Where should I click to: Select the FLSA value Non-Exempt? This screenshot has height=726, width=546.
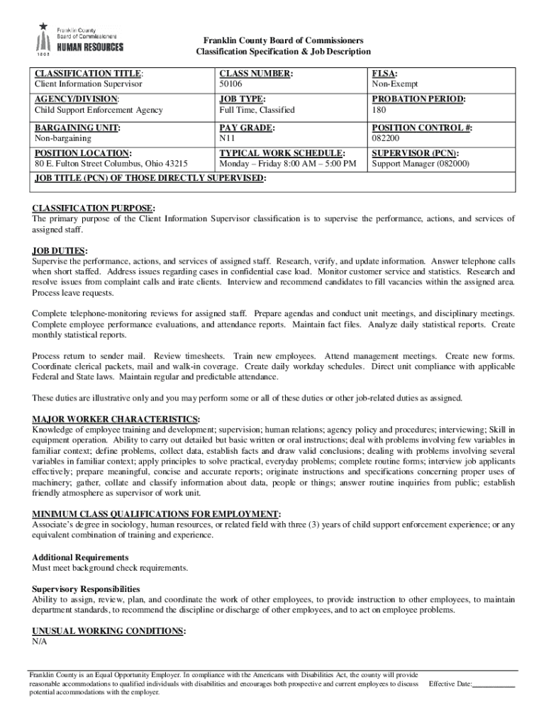pyautogui.click(x=395, y=84)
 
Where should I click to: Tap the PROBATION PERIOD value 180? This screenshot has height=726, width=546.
pyautogui.click(x=379, y=111)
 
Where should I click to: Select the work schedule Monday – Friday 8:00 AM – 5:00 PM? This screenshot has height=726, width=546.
pyautogui.click(x=288, y=164)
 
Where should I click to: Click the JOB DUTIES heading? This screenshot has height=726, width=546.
pyautogui.click(x=60, y=251)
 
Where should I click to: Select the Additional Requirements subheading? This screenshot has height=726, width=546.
pyautogui.click(x=80, y=557)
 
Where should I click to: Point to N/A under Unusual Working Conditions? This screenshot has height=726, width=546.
pyautogui.click(x=39, y=642)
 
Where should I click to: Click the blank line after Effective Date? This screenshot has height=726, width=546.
pyautogui.click(x=494, y=684)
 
